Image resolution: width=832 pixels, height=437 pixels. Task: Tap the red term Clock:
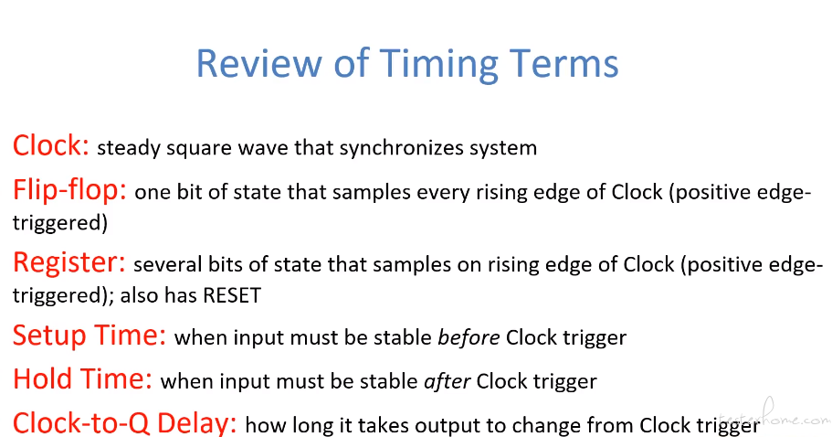(x=51, y=145)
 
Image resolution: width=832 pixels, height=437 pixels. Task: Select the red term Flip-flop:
(x=69, y=191)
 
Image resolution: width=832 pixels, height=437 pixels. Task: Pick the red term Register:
(x=69, y=263)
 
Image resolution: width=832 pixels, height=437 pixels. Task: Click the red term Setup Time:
(x=90, y=336)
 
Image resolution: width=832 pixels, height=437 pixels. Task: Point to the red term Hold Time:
(x=82, y=379)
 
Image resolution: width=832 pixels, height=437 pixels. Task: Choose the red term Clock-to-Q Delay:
(x=125, y=423)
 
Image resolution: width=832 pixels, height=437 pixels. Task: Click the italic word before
(x=469, y=337)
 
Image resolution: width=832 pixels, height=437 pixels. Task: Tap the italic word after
(x=448, y=381)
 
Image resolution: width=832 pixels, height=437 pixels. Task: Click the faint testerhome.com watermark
(x=775, y=415)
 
